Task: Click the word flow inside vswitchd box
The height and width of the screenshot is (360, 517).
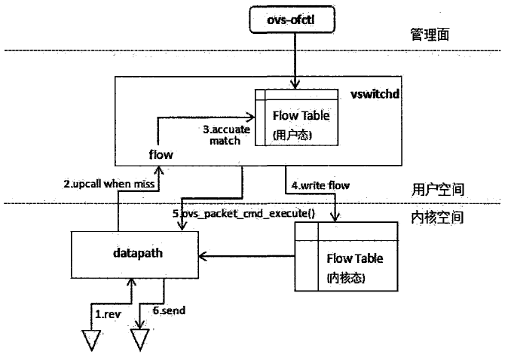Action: tap(161, 154)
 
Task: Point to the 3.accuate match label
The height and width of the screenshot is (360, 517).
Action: tap(226, 135)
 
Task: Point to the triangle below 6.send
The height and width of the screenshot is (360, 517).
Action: tap(139, 340)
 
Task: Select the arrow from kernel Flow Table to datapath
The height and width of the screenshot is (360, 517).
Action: tap(246, 255)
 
